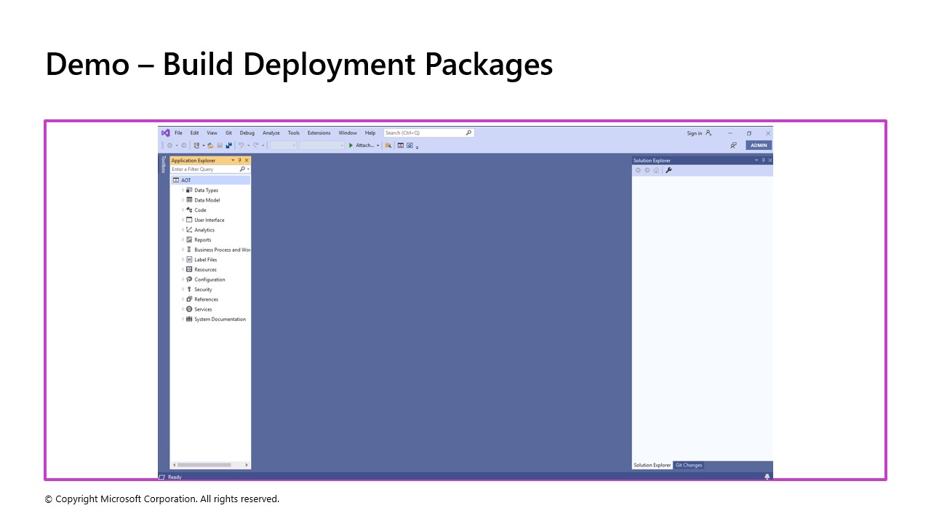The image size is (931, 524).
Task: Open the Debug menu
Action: click(247, 133)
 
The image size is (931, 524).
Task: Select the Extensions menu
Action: click(319, 133)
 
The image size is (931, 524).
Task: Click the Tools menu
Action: click(293, 133)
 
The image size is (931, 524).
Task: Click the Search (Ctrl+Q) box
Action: click(425, 133)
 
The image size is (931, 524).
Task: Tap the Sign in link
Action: click(695, 133)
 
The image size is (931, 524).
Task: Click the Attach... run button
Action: click(364, 146)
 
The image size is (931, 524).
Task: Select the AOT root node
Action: click(186, 180)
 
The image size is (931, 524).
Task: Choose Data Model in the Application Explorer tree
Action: click(207, 200)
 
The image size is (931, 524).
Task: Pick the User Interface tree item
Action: click(209, 220)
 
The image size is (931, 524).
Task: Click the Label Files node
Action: click(205, 260)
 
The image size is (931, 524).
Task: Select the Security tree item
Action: click(203, 290)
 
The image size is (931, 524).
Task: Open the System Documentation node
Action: click(220, 319)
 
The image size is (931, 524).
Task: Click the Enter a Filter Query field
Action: click(204, 170)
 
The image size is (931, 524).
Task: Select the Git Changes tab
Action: click(688, 465)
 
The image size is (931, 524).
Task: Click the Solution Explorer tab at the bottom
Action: click(652, 465)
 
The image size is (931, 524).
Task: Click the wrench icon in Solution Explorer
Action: click(668, 170)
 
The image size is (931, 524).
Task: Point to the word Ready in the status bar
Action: click(175, 477)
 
